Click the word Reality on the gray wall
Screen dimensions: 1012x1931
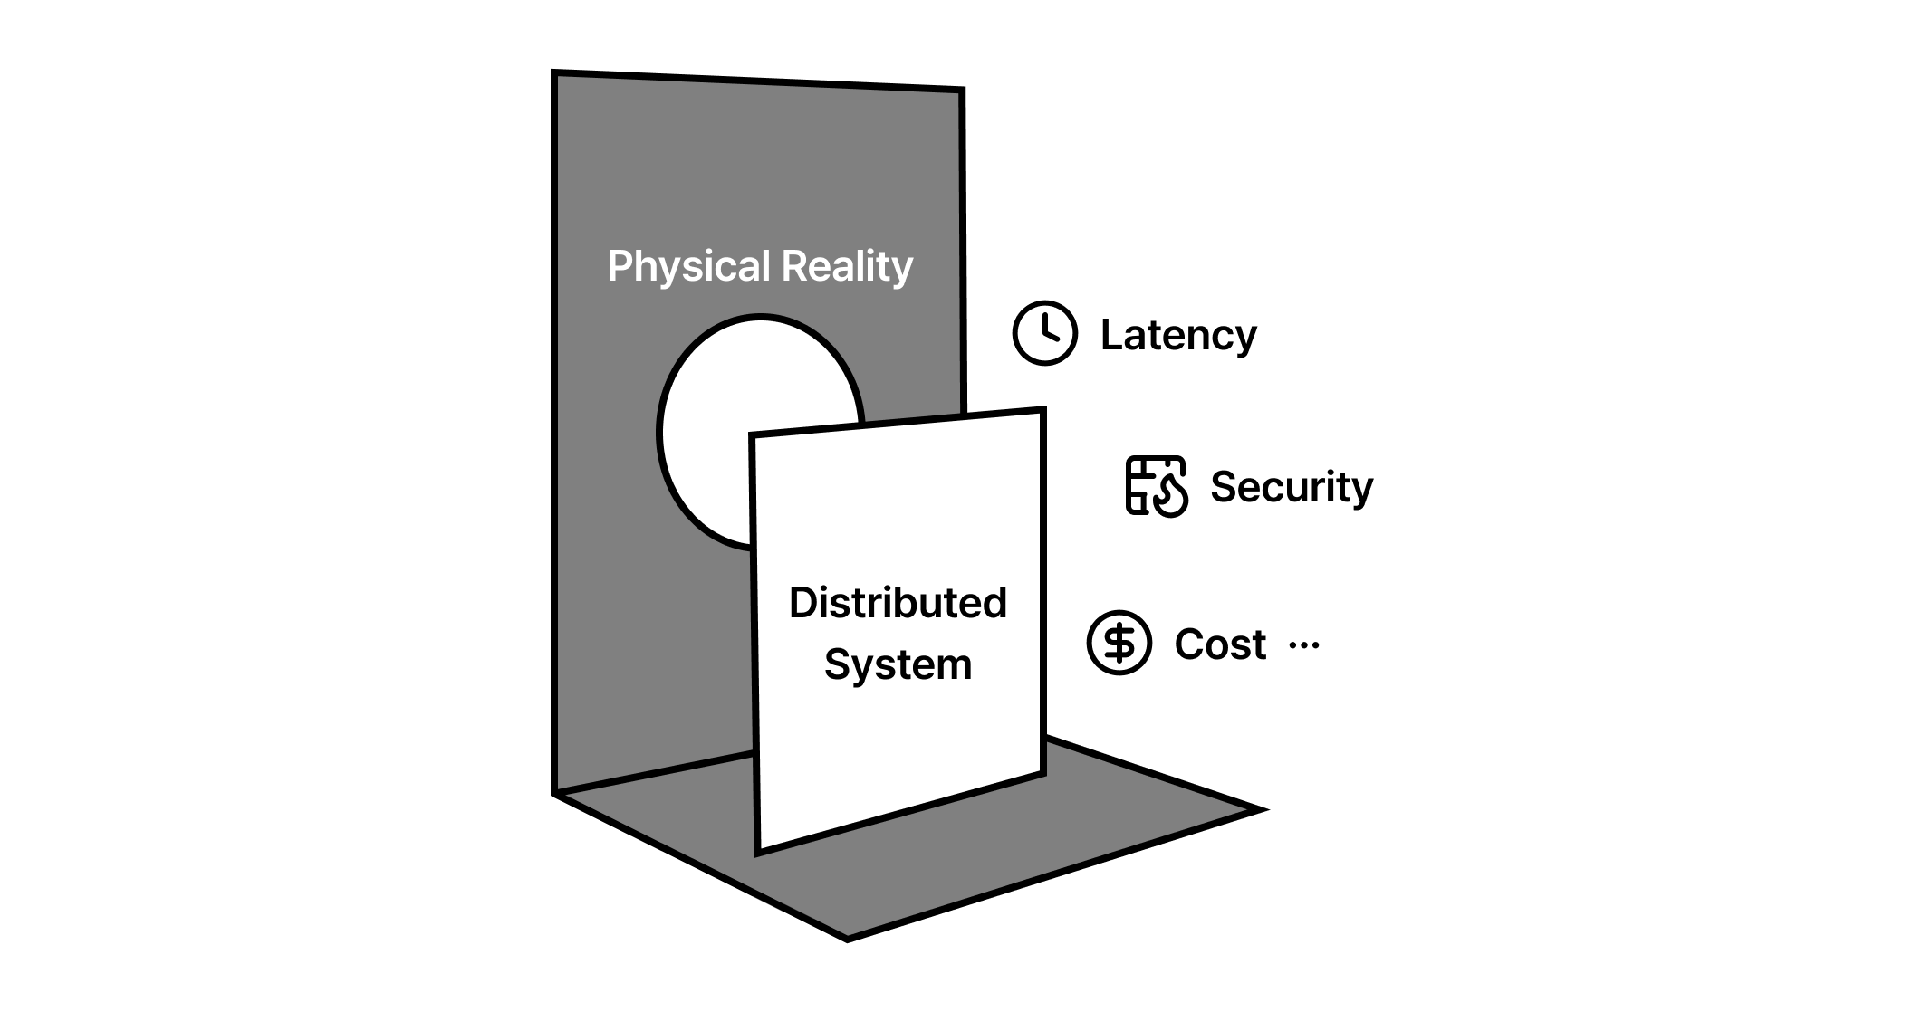point(847,266)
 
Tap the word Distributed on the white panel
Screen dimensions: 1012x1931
point(898,603)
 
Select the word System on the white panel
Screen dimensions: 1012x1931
point(898,665)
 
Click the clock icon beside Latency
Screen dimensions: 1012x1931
point(1044,333)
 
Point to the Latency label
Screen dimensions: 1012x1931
point(1178,335)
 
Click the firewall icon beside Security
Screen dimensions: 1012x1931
point(1156,486)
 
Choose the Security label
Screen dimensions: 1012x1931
point(1292,487)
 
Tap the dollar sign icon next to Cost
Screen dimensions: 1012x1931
point(1119,643)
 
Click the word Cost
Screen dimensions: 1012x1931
point(1220,644)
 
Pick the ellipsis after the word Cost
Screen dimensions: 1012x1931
point(1303,644)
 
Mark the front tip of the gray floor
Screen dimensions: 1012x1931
point(847,939)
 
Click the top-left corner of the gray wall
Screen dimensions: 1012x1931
point(555,73)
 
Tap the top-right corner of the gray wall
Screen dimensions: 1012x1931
point(961,91)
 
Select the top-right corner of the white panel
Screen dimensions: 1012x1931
point(1043,411)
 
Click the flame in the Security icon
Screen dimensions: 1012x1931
point(1172,496)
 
